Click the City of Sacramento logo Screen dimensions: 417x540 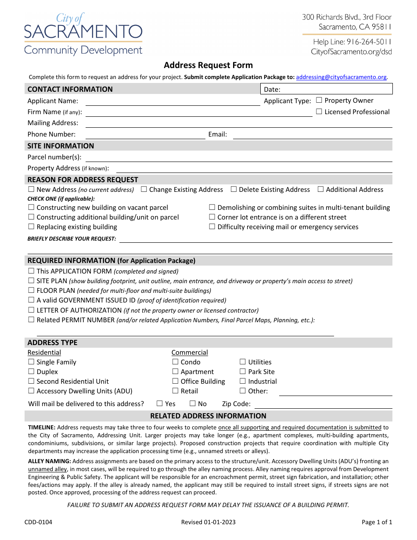point(83,34)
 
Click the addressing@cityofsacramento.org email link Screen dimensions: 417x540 point(341,77)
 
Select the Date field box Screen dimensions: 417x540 point(327,89)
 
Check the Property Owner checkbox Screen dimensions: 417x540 point(319,101)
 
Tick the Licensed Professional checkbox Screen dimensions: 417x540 point(319,112)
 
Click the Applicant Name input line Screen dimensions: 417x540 point(173,102)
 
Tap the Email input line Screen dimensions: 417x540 point(312,135)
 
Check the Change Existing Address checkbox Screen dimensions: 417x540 point(144,190)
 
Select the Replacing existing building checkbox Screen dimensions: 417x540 point(31,227)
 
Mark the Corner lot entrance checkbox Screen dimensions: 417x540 point(212,217)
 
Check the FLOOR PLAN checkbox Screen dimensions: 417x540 point(31,291)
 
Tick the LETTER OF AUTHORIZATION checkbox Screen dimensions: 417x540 point(31,310)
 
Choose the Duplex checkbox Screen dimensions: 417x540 point(31,372)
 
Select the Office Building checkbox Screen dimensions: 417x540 point(176,382)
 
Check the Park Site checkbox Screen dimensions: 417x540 point(243,372)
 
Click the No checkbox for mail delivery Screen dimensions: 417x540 point(193,404)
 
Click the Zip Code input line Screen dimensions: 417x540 point(323,405)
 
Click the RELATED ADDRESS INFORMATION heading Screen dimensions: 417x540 point(208,416)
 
